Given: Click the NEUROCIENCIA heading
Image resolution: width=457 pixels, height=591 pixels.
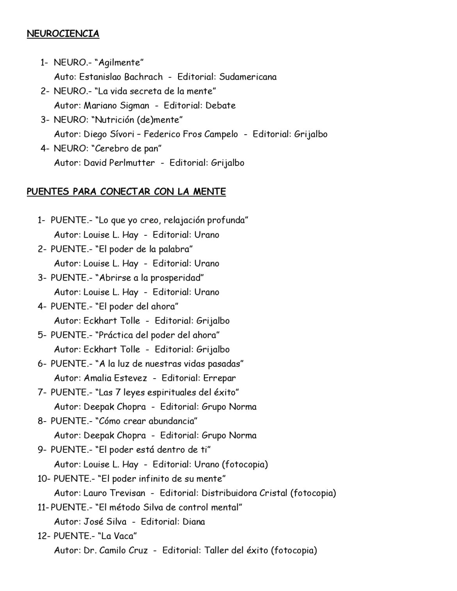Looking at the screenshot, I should (x=63, y=34).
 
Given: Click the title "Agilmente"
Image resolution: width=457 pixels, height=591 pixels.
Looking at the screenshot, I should (x=120, y=62).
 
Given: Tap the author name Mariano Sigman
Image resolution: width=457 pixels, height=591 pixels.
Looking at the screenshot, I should (x=116, y=105).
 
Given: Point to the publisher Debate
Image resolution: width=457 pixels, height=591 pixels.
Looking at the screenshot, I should (x=220, y=105).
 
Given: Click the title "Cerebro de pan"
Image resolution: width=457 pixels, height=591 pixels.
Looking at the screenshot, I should (x=129, y=148).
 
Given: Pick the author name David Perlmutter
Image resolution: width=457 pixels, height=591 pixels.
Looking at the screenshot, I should (x=119, y=163).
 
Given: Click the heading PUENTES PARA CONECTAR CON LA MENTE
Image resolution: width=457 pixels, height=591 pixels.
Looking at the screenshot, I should (x=126, y=192).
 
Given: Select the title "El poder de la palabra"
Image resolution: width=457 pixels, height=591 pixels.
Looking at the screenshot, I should (x=144, y=249).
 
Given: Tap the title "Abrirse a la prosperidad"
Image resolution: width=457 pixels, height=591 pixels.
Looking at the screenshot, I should (x=150, y=278).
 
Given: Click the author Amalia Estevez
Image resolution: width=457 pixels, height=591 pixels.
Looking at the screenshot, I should (x=115, y=378).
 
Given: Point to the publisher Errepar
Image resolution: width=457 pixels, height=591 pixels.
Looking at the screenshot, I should (x=219, y=378).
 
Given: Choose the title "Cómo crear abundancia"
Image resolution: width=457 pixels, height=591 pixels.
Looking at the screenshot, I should (x=146, y=421).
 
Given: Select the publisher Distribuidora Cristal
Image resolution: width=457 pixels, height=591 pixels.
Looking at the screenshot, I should (x=244, y=493).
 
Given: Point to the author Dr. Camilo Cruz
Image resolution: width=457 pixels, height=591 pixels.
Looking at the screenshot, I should (x=116, y=550).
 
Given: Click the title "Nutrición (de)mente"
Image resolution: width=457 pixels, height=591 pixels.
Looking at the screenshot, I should (x=139, y=120).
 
